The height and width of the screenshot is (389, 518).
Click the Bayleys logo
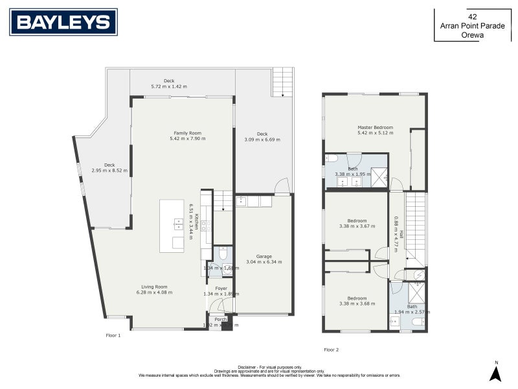[x=63, y=22]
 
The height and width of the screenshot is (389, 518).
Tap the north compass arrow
[x=495, y=373]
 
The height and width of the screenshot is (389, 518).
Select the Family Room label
[x=187, y=132]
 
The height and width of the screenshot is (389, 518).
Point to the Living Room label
[x=152, y=287]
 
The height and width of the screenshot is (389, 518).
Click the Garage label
[x=264, y=256]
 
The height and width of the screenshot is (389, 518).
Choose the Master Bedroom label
[x=375, y=128]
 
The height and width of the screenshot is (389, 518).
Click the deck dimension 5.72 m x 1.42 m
[x=168, y=86]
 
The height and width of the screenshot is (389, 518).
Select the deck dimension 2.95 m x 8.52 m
[x=109, y=171]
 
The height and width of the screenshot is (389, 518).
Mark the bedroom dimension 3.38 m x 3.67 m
[x=357, y=227]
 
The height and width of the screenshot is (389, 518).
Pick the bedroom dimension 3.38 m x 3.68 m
[x=357, y=303]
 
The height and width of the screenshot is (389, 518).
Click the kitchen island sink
[x=177, y=224]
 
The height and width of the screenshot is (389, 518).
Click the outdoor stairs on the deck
[x=282, y=82]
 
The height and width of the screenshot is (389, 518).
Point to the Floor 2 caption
[x=332, y=349]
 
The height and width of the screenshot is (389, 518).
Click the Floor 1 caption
[x=113, y=335]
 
